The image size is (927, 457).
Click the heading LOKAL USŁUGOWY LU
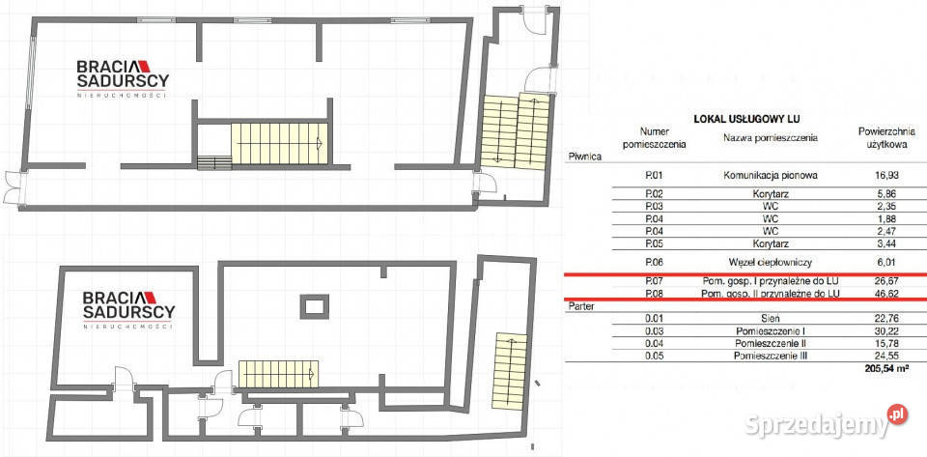(749, 119)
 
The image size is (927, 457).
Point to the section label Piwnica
(585, 154)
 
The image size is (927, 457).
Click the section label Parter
(582, 304)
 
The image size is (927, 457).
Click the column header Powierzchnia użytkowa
(878, 137)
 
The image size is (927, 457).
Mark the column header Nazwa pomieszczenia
(771, 137)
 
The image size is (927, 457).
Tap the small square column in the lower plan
(314, 306)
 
